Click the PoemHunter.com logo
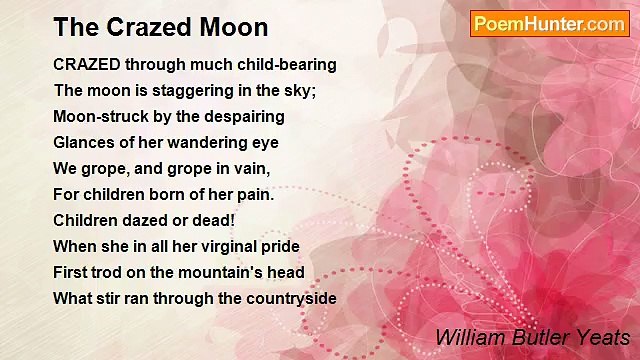coord(549,23)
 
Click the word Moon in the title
coord(230,27)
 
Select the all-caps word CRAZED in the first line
coord(85,65)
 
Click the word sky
coord(296,91)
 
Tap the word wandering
coord(207,143)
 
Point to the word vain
coord(251,169)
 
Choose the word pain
coord(254,195)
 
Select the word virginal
coord(229,246)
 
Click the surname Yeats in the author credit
coord(605,338)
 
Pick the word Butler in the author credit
coord(539,338)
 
